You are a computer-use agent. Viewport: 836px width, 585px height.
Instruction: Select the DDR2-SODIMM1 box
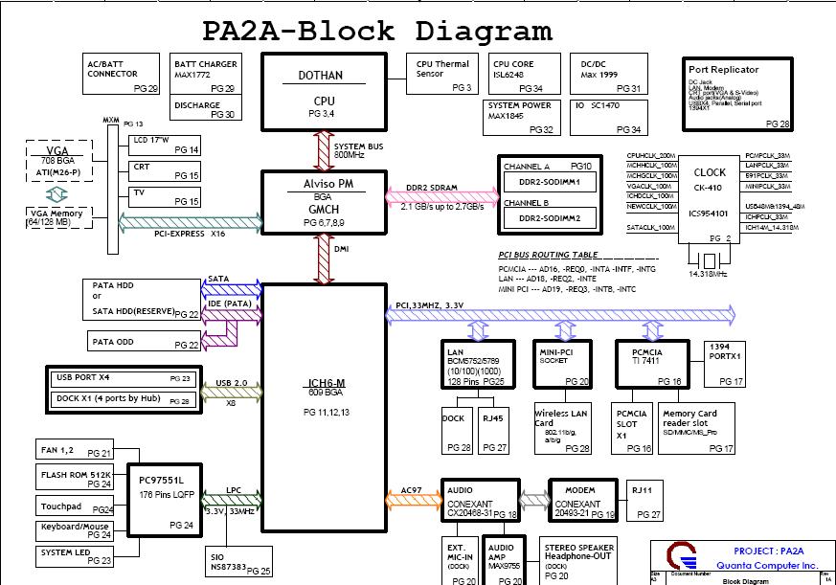(544, 181)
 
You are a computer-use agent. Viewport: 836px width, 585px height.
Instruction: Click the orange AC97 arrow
(414, 498)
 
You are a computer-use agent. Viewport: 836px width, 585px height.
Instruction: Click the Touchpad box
(76, 506)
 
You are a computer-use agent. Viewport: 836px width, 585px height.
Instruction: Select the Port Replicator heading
(723, 70)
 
